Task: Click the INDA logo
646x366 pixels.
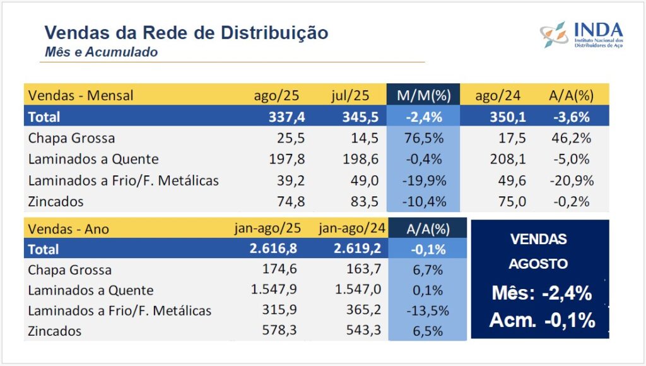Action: click(581, 35)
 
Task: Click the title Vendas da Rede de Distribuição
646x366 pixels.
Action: click(187, 32)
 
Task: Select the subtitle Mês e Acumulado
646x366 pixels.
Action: click(101, 52)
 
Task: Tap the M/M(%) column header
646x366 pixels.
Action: click(423, 96)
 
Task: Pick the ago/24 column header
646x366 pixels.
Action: click(492, 96)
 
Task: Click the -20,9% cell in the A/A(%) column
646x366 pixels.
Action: click(572, 180)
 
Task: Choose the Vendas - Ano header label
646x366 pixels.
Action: click(69, 229)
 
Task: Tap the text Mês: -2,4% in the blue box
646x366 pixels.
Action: click(541, 293)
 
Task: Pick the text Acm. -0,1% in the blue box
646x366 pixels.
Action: click(541, 321)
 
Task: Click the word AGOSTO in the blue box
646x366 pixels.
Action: click(538, 264)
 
